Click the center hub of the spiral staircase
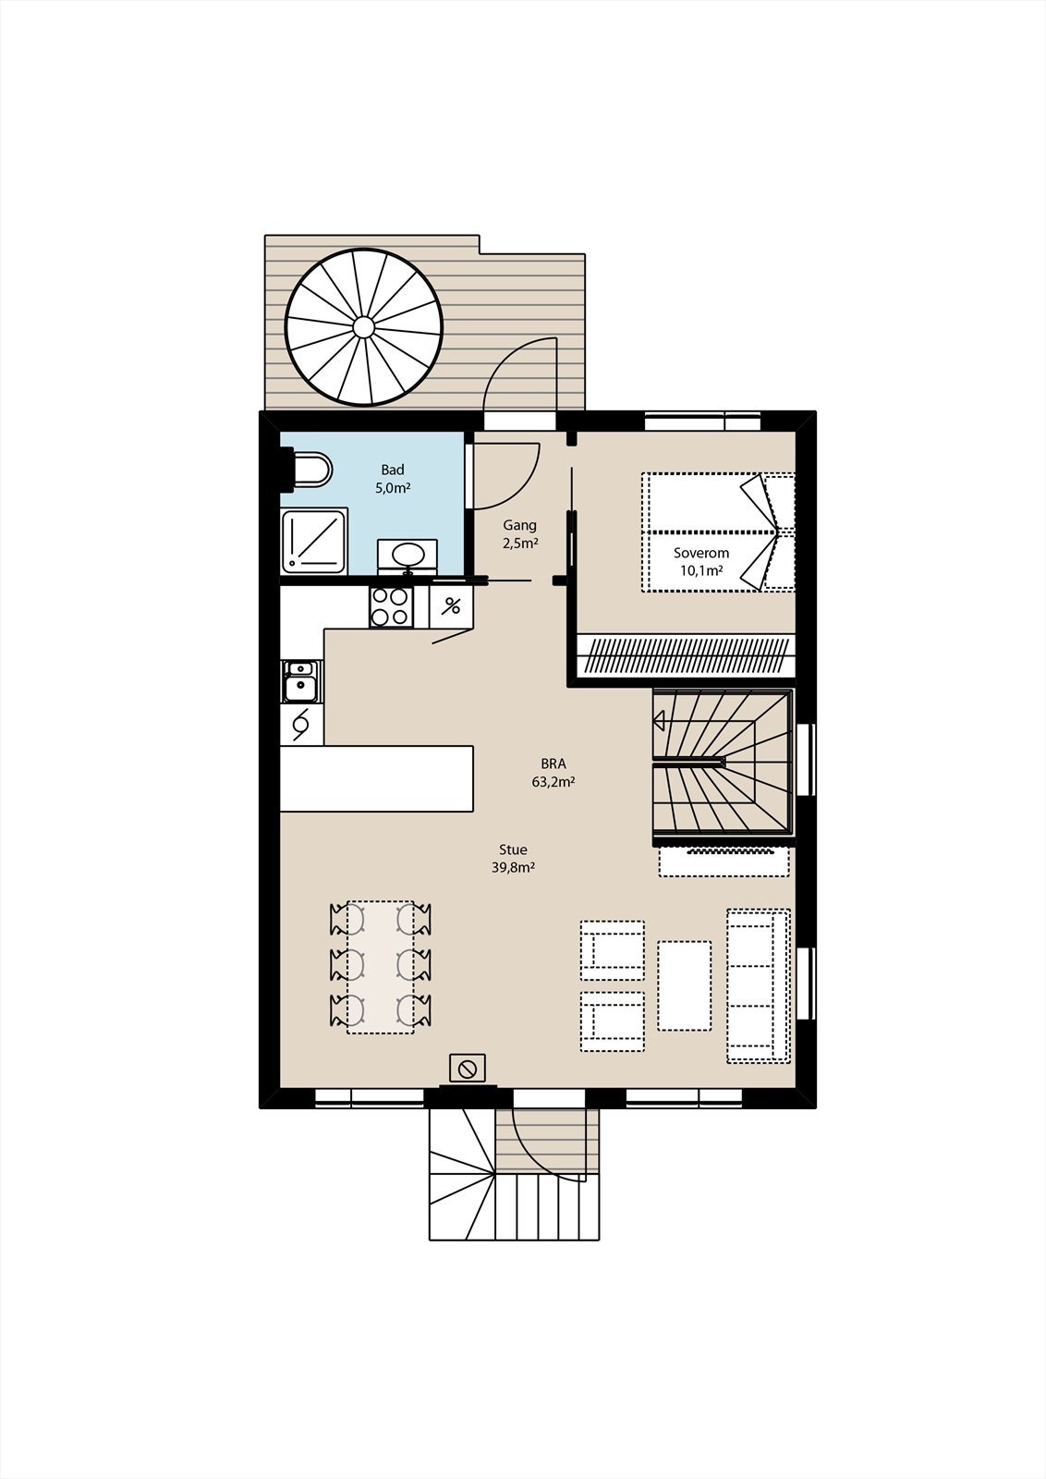pyautogui.click(x=363, y=326)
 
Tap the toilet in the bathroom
pyautogui.click(x=310, y=469)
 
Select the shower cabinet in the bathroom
pyautogui.click(x=314, y=538)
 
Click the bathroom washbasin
pyautogui.click(x=407, y=556)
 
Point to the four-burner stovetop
pyautogui.click(x=390, y=607)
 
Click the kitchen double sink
pyautogui.click(x=300, y=681)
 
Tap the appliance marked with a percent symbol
pyautogui.click(x=452, y=606)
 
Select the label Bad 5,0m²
pyautogui.click(x=393, y=479)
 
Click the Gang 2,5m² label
pyautogui.click(x=519, y=534)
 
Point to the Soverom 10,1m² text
pyautogui.click(x=700, y=561)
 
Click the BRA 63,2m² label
pyautogui.click(x=553, y=772)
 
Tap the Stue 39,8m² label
pyautogui.click(x=513, y=858)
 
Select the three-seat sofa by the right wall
pyautogui.click(x=758, y=985)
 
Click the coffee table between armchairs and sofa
pyautogui.click(x=684, y=985)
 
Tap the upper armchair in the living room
pyautogui.click(x=612, y=950)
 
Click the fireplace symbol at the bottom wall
pyautogui.click(x=468, y=1069)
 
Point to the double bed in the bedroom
pyautogui.click(x=718, y=532)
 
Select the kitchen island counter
pyautogui.click(x=376, y=778)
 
